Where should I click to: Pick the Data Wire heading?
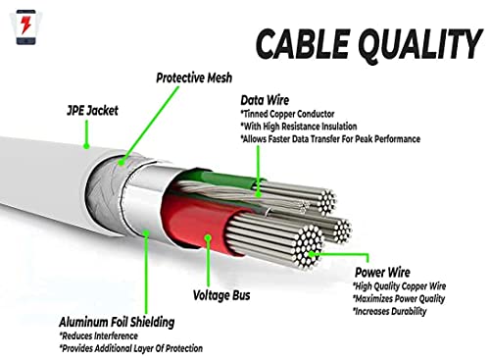click(x=266, y=100)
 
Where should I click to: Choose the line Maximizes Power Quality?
click(x=403, y=298)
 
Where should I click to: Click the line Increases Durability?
click(x=391, y=311)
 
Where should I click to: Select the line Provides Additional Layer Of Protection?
click(x=130, y=348)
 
